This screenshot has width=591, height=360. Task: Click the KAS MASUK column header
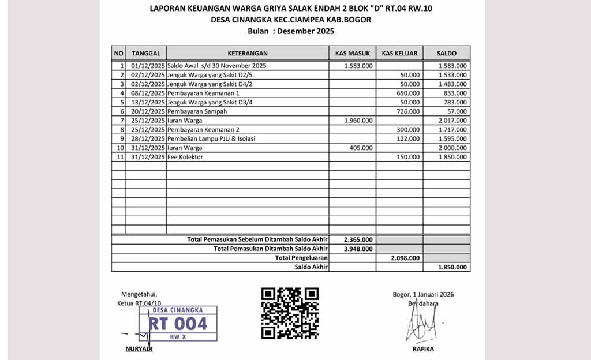[353, 53]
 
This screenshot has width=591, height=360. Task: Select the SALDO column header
[446, 53]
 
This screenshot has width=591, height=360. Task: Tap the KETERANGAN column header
[248, 53]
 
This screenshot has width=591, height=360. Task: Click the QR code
[290, 313]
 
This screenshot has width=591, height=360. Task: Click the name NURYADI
[139, 350]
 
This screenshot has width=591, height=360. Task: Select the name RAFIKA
[423, 350]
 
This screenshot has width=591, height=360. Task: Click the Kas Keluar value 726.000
[409, 111]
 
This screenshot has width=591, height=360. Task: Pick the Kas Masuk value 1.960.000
[358, 121]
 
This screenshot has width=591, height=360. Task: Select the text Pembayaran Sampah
[197, 111]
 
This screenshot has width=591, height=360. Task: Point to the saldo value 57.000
[457, 111]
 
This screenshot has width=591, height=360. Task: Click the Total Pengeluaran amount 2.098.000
[405, 258]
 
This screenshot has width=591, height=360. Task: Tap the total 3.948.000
[358, 249]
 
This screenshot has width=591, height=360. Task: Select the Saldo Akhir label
[311, 267]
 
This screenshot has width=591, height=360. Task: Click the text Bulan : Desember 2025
[291, 31]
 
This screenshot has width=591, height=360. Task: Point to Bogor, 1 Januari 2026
[423, 294]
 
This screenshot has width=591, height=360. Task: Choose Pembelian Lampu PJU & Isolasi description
[211, 139]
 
